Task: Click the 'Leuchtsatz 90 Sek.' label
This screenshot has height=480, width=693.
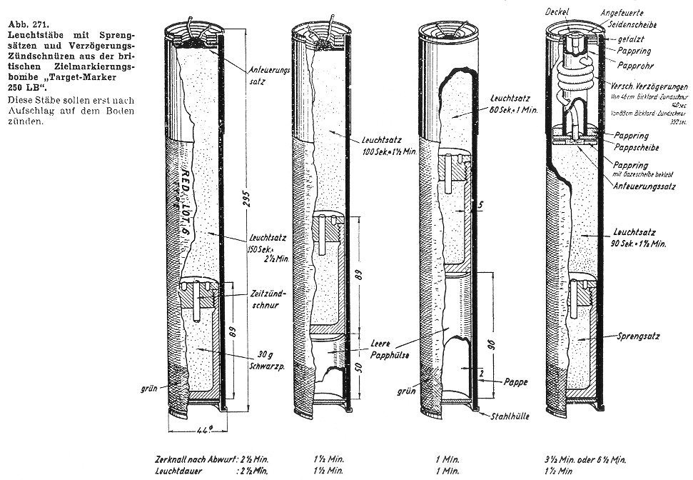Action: pyautogui.click(x=638, y=238)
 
